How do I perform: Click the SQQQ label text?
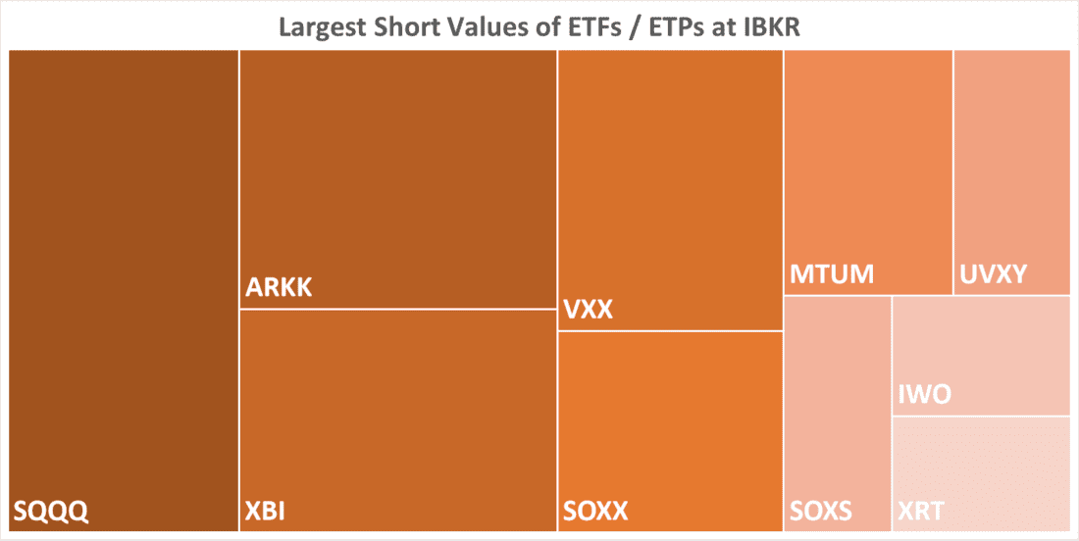pyautogui.click(x=50, y=511)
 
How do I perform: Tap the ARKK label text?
pyautogui.click(x=279, y=289)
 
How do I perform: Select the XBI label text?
pyautogui.click(x=265, y=511)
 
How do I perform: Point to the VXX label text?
pyautogui.click(x=589, y=311)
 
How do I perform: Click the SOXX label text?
pyautogui.click(x=595, y=511)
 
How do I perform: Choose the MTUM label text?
pyautogui.click(x=832, y=273)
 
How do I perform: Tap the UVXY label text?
pyautogui.click(x=994, y=273)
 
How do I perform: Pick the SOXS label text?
pyautogui.click(x=821, y=511)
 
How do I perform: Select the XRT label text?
pyautogui.click(x=922, y=511)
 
